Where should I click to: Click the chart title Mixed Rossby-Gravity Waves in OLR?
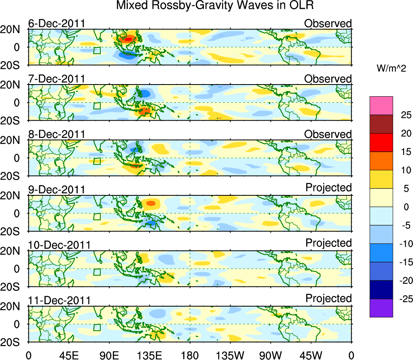[215, 6]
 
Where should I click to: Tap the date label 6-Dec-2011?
[57, 23]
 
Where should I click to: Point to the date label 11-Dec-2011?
[59, 301]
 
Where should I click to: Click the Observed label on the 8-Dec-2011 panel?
[328, 134]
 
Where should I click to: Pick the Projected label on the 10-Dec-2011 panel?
[328, 243]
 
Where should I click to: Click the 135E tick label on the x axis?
[150, 355]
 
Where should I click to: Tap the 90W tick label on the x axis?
[271, 355]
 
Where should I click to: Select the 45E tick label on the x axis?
[68, 355]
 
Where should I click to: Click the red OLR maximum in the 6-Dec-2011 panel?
[128, 39]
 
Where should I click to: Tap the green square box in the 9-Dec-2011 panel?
[97, 216]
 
